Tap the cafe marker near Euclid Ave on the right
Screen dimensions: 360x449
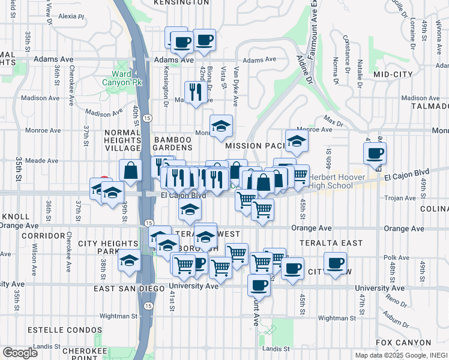375,153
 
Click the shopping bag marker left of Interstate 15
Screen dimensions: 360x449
130,171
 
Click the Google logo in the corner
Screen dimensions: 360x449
20,353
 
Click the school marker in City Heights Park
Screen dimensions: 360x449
129,262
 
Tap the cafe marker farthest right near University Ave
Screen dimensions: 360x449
336,262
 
